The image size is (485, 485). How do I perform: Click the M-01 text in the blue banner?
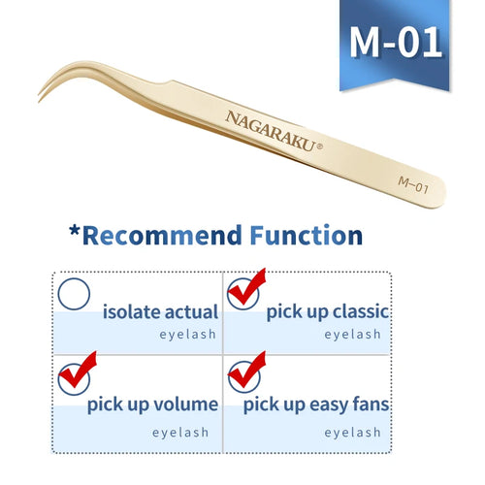395,42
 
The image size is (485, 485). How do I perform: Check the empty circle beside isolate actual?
75,295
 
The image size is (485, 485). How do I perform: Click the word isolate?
133,312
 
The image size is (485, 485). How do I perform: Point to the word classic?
354,312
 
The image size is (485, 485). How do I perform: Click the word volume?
184,404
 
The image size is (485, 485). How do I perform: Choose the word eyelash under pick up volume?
188,433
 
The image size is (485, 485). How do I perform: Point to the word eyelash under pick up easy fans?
354,433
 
